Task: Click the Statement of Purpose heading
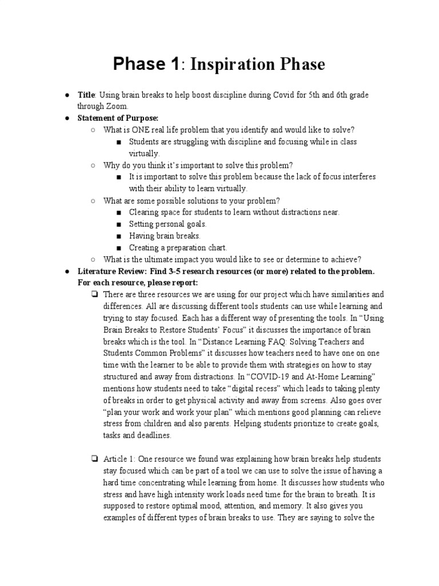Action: pyautogui.click(x=118, y=118)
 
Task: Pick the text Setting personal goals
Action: pyautogui.click(x=167, y=224)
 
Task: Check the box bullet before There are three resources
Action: pyautogui.click(x=94, y=295)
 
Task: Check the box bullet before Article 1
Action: pyautogui.click(x=94, y=459)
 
